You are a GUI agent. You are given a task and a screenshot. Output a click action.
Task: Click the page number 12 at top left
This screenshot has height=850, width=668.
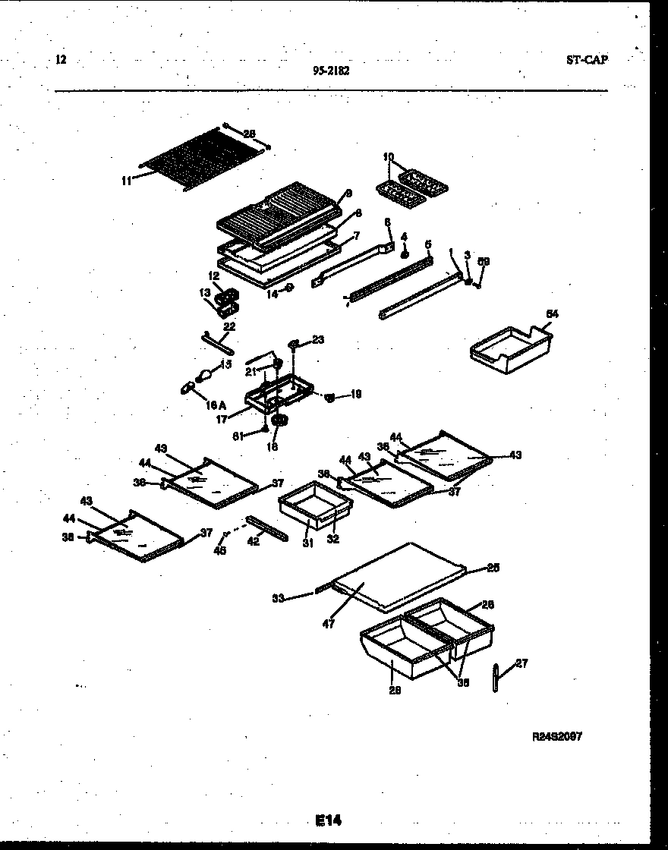(x=61, y=59)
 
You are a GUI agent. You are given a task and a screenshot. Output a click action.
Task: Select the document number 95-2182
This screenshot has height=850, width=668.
(x=331, y=71)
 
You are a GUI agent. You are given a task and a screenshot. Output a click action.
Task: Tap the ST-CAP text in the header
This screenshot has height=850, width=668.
(x=587, y=60)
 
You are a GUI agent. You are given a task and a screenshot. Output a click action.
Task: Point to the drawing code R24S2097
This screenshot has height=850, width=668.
(x=557, y=736)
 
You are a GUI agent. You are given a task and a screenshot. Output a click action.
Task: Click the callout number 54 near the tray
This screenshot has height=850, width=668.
(x=552, y=313)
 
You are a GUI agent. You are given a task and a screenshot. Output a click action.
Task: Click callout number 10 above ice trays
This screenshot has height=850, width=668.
(x=389, y=157)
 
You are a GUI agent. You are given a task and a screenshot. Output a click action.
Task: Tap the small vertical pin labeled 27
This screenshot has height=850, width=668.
(x=495, y=678)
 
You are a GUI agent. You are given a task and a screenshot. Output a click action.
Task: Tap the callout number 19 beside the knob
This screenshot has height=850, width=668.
(x=357, y=394)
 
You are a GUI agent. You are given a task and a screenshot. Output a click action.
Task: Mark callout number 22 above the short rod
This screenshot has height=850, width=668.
(x=229, y=326)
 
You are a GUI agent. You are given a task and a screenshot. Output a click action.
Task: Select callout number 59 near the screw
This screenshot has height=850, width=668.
(x=484, y=262)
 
